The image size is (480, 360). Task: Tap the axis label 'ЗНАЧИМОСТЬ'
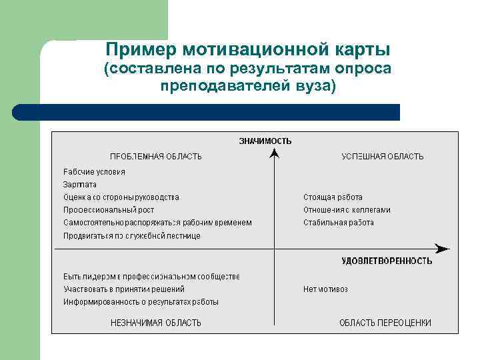[265, 141]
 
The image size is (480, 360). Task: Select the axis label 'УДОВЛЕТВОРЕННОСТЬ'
[387, 261]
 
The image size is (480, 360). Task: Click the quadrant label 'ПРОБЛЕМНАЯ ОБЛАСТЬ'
[156, 157]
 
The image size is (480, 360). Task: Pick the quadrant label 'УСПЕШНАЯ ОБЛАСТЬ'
[383, 157]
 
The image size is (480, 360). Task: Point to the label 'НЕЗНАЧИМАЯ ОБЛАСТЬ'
[156, 323]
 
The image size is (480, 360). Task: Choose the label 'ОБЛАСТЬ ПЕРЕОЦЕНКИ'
[385, 323]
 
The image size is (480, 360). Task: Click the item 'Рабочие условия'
[94, 172]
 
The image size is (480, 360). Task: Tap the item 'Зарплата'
[80, 185]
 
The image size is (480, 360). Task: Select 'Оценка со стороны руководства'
[121, 197]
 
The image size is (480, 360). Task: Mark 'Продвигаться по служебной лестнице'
[132, 235]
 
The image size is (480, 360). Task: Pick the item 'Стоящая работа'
[333, 197]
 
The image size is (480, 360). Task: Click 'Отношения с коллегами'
[347, 210]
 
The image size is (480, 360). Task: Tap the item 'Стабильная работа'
[339, 223]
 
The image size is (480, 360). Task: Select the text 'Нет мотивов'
[325, 289]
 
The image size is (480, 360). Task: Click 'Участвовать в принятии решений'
[124, 289]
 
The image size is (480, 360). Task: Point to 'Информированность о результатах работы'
[141, 302]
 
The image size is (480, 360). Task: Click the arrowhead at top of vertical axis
[274, 154]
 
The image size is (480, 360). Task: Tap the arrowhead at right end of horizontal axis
[443, 249]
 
